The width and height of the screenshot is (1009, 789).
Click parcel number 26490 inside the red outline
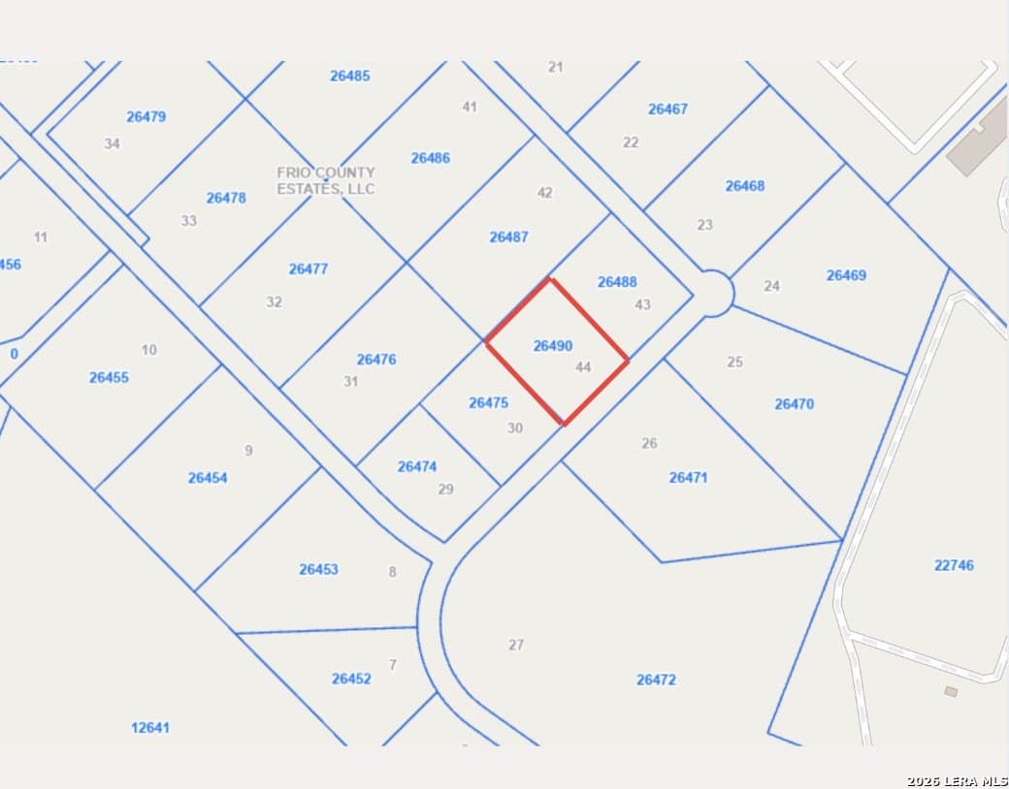[553, 345]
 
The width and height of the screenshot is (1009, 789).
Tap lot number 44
[583, 367]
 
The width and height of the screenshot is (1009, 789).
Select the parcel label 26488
[617, 282]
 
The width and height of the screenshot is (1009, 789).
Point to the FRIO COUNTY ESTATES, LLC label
[326, 180]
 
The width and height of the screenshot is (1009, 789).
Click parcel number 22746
[954, 565]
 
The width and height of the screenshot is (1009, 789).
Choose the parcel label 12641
[150, 727]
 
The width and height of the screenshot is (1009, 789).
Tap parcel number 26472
[656, 679]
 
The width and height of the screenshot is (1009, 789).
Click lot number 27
[516, 645]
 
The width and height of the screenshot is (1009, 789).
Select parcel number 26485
[349, 76]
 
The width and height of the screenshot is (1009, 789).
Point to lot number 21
[555, 67]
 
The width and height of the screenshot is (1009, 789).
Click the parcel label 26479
[146, 116]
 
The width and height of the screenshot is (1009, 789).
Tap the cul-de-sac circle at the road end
[712, 293]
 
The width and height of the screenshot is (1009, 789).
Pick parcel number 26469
[846, 275]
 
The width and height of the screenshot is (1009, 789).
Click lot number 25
[734, 362]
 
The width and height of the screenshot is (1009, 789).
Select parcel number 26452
[351, 679]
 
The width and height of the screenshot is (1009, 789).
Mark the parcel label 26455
[109, 377]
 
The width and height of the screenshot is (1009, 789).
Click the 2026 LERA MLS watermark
[957, 781]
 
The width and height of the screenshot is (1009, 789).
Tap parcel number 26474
[417, 466]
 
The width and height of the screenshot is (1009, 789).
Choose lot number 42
[544, 193]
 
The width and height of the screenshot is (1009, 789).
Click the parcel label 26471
[689, 477]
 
